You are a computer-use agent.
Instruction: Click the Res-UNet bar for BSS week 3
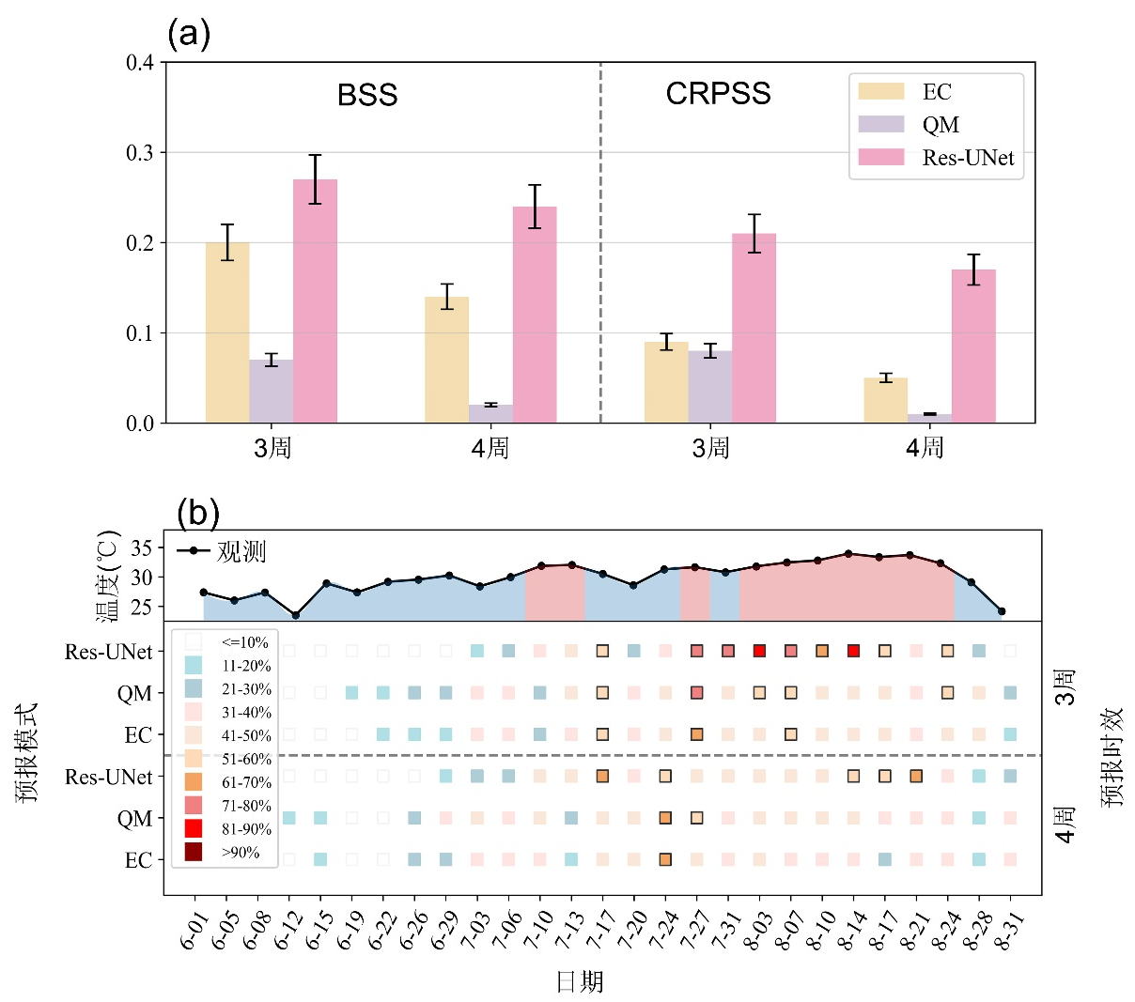click(x=315, y=301)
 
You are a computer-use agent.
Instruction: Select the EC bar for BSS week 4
click(x=446, y=360)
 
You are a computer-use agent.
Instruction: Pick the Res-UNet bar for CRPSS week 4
click(x=973, y=346)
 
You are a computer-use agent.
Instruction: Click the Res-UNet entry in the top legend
click(x=968, y=158)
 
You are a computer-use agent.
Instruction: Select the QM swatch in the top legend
click(x=880, y=125)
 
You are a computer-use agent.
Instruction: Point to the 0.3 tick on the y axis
click(x=140, y=153)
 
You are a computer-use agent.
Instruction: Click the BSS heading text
click(x=367, y=95)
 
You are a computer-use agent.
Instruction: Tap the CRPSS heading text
click(x=718, y=94)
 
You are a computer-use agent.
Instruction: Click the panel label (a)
click(x=188, y=34)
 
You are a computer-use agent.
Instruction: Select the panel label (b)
click(x=197, y=513)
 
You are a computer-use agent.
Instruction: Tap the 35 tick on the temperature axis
click(x=141, y=547)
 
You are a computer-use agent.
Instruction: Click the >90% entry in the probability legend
click(x=241, y=853)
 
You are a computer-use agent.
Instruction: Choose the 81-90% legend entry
click(x=245, y=829)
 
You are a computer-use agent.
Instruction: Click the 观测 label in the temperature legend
click(x=241, y=551)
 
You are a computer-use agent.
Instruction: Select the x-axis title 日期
click(x=580, y=982)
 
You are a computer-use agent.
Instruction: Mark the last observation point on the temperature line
click(x=1002, y=611)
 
